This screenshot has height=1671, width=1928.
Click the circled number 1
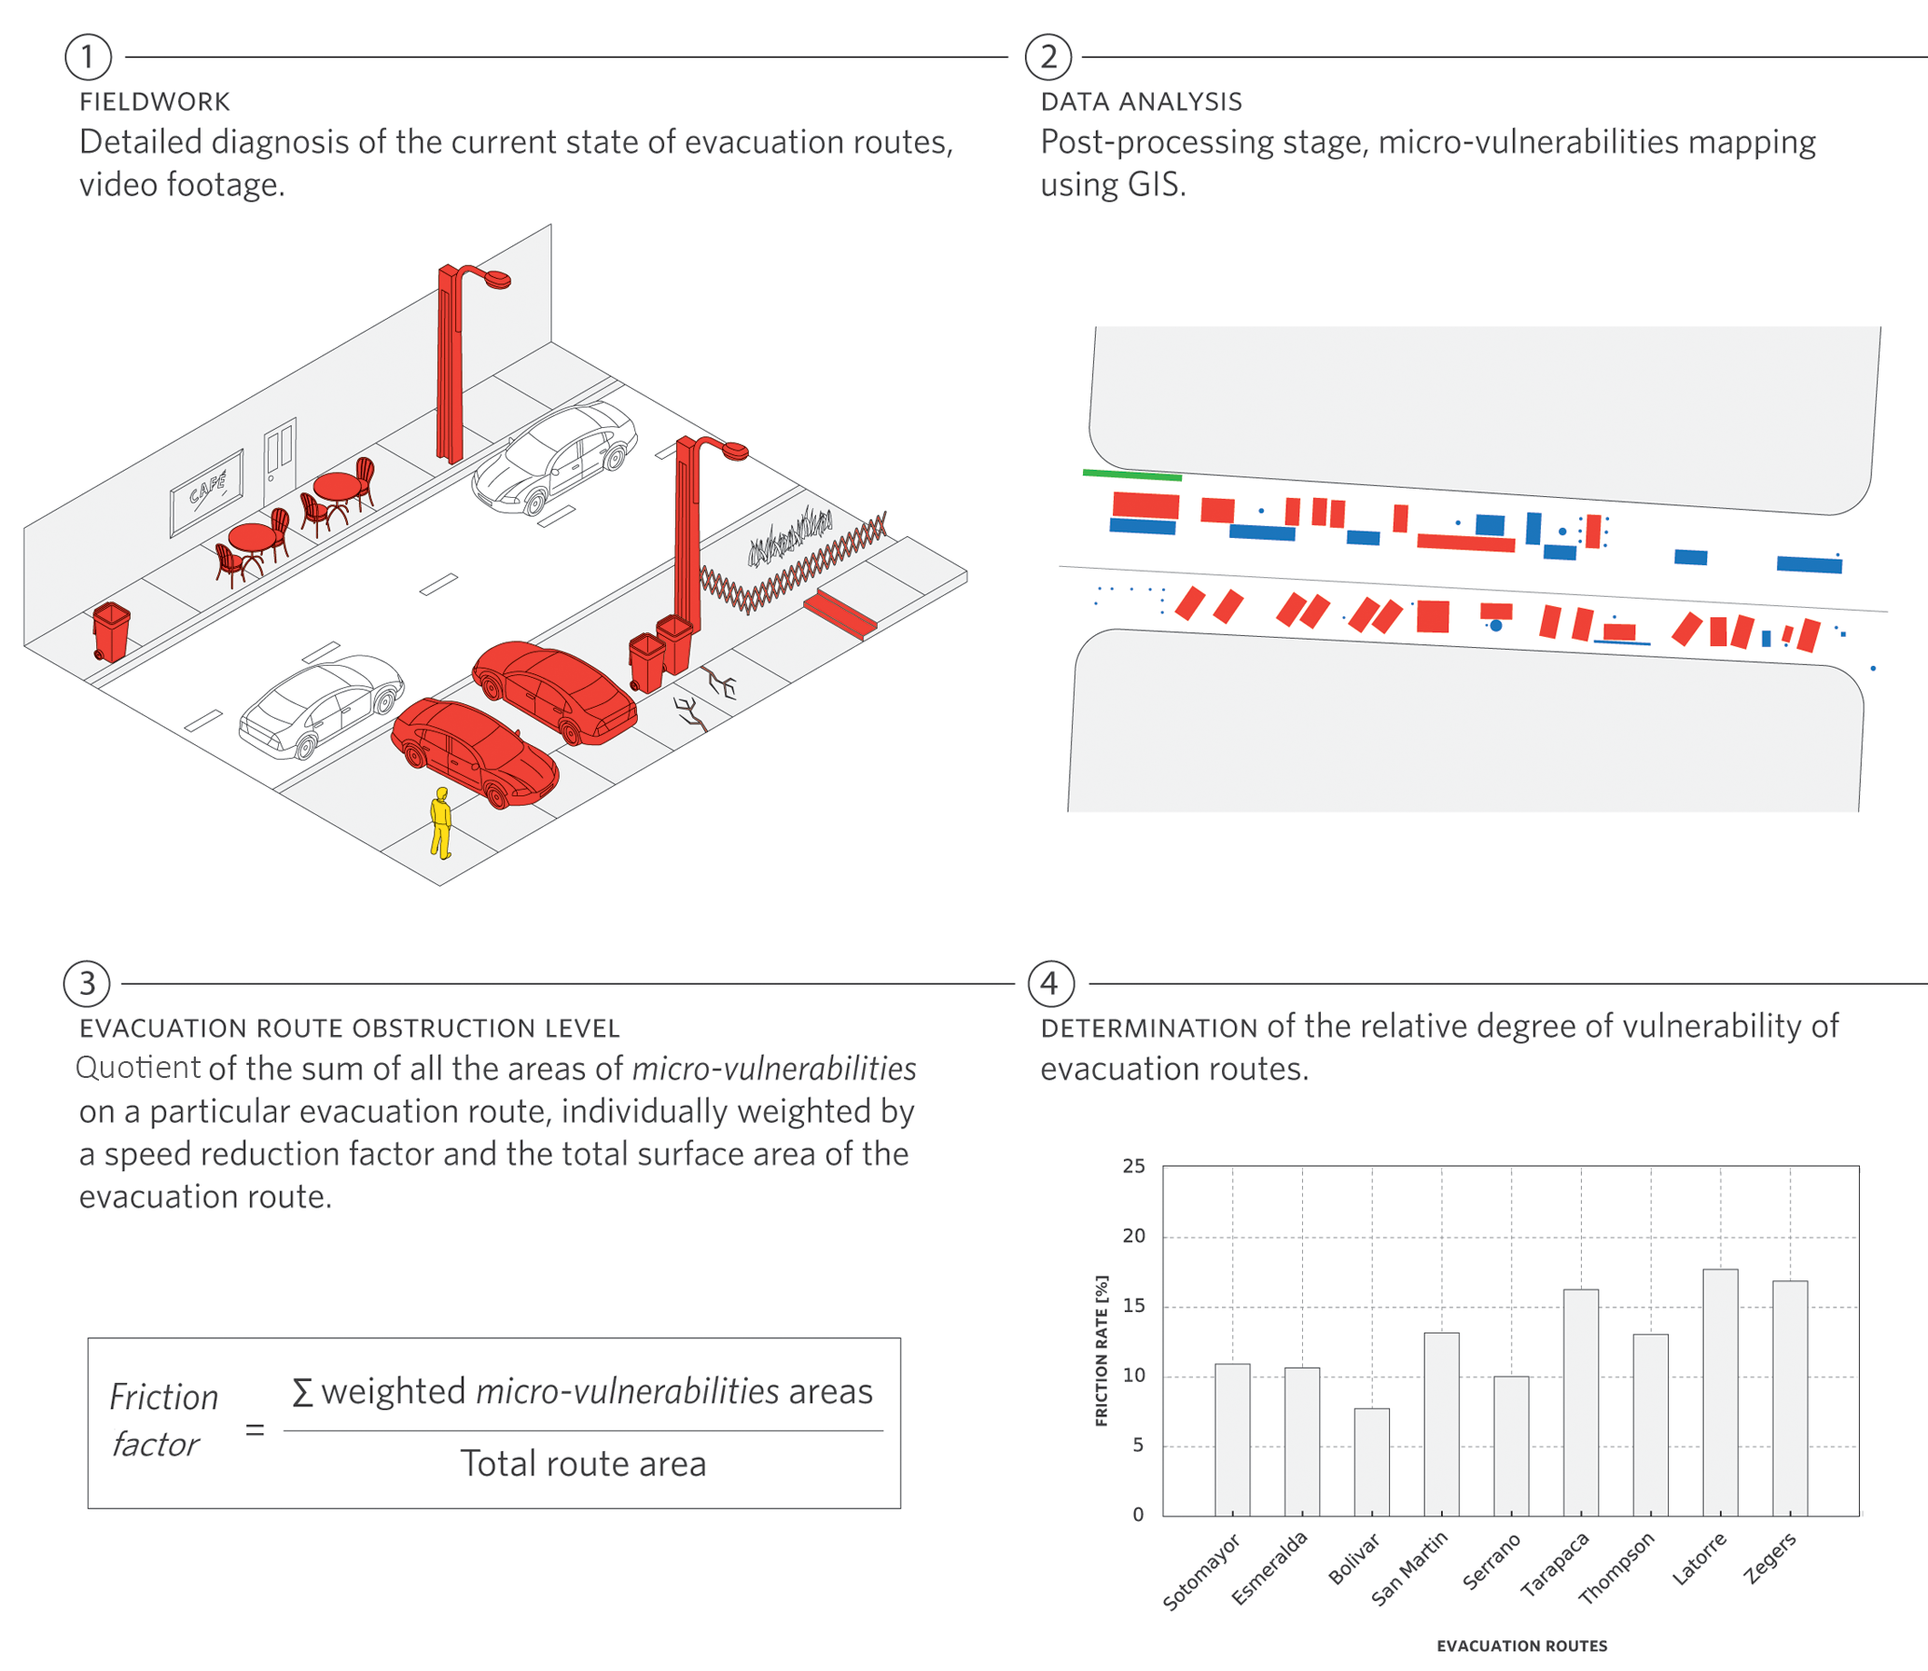pos(88,57)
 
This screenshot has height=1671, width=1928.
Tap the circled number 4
pos(1050,984)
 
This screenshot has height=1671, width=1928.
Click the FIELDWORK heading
pos(155,102)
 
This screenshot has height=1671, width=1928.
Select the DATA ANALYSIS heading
pos(1141,102)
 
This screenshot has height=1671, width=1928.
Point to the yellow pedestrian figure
pos(441,823)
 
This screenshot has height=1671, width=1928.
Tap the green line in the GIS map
pos(1131,476)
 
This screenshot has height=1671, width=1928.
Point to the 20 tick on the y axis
pos(1133,1236)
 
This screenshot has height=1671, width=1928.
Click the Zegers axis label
pos(1769,1558)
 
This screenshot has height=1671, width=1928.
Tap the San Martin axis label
pos(1408,1568)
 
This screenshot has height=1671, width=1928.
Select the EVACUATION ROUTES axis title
pos(1521,1646)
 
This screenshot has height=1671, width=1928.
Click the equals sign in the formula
pos(255,1429)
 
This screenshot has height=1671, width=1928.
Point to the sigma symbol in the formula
pos(301,1392)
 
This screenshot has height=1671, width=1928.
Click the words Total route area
pos(583,1464)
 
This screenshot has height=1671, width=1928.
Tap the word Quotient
pos(138,1068)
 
